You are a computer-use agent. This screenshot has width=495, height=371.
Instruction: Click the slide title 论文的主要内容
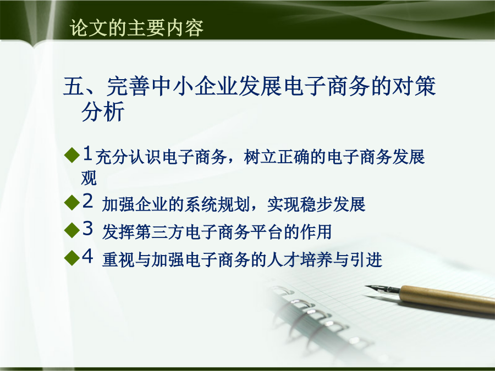point(137,28)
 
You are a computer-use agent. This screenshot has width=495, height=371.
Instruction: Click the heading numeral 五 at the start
point(73,86)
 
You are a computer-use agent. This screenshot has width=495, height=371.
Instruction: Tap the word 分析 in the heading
point(103,112)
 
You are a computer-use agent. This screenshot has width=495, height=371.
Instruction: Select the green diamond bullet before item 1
point(71,155)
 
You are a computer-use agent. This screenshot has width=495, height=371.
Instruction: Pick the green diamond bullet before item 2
point(71,202)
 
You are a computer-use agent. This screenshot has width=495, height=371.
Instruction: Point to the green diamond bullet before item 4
point(71,258)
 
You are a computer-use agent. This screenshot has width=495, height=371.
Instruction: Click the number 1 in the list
point(88,153)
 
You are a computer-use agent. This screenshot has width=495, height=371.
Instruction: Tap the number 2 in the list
point(88,201)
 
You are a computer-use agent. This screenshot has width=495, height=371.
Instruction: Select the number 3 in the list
point(88,228)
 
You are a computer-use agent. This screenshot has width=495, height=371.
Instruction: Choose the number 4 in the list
point(88,256)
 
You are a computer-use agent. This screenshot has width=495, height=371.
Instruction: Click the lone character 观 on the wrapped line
point(89,178)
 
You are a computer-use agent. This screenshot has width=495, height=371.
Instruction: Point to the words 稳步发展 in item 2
point(333,204)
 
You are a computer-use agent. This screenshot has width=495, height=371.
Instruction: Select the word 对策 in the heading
point(414,86)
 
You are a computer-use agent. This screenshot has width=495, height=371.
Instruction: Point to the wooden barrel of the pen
point(448,300)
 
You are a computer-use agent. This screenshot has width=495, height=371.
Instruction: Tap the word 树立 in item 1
point(260,157)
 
